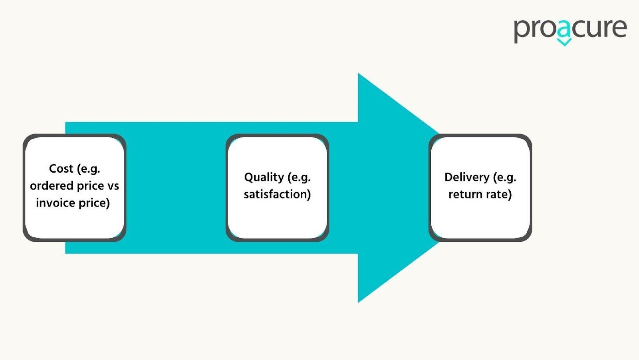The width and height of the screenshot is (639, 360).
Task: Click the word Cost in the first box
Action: (x=61, y=169)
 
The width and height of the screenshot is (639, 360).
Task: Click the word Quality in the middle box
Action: (x=264, y=177)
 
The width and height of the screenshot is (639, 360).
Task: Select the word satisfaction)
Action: (x=277, y=194)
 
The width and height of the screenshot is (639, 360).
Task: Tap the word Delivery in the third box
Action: (x=466, y=177)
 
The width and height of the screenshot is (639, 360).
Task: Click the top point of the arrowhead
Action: (x=359, y=74)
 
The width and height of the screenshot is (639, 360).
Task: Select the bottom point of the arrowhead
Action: (x=359, y=302)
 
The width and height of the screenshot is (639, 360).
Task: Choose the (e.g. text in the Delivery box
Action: (x=505, y=177)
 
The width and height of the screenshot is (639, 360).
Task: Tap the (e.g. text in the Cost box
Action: (x=88, y=169)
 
